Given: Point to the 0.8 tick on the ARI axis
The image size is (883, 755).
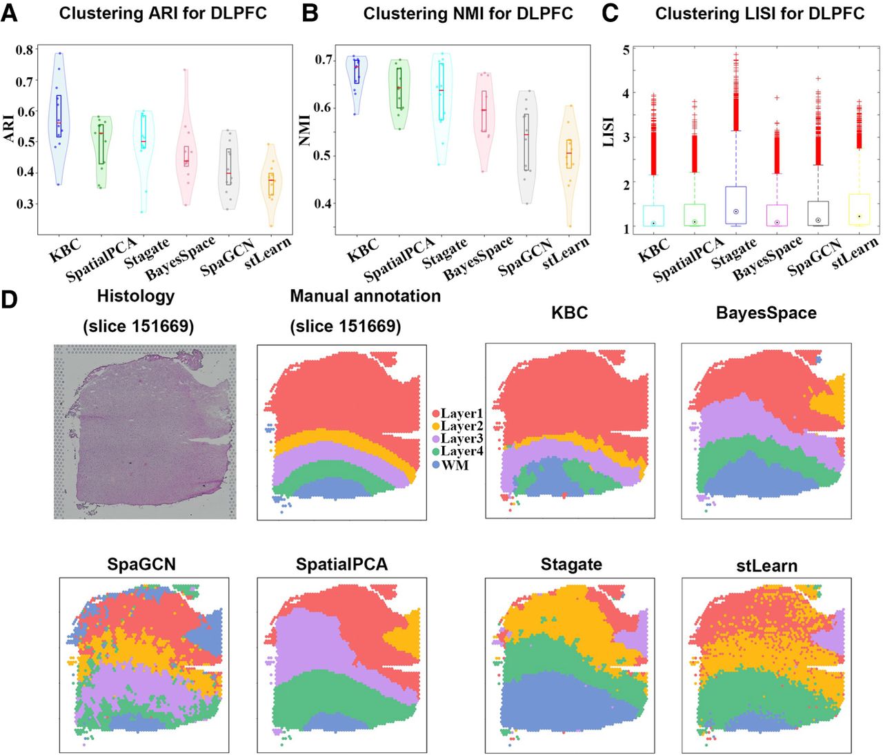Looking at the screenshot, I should [x=25, y=50].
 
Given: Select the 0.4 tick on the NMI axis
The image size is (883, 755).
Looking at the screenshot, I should [x=323, y=204].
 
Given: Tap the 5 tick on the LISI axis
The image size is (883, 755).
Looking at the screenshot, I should [x=626, y=50].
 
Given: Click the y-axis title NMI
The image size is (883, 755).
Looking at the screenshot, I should [x=306, y=130].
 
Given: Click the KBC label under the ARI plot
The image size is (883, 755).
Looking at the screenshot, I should [x=66, y=250].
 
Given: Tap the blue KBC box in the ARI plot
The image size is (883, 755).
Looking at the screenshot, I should [x=59, y=115].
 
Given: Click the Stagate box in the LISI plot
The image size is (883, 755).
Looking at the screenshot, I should [x=736, y=205].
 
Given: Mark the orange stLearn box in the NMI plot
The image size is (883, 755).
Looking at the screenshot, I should [x=569, y=153].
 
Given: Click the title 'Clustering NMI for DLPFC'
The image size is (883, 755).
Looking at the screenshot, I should [x=468, y=14].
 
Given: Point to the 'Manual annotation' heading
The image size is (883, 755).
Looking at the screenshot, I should [x=365, y=296].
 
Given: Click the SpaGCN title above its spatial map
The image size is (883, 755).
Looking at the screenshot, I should [x=141, y=565].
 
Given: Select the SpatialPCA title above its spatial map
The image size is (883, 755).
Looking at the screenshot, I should [x=341, y=565].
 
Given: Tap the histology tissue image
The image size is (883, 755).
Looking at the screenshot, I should [x=145, y=432].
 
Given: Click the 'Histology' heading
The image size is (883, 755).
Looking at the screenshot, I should [x=135, y=296].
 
